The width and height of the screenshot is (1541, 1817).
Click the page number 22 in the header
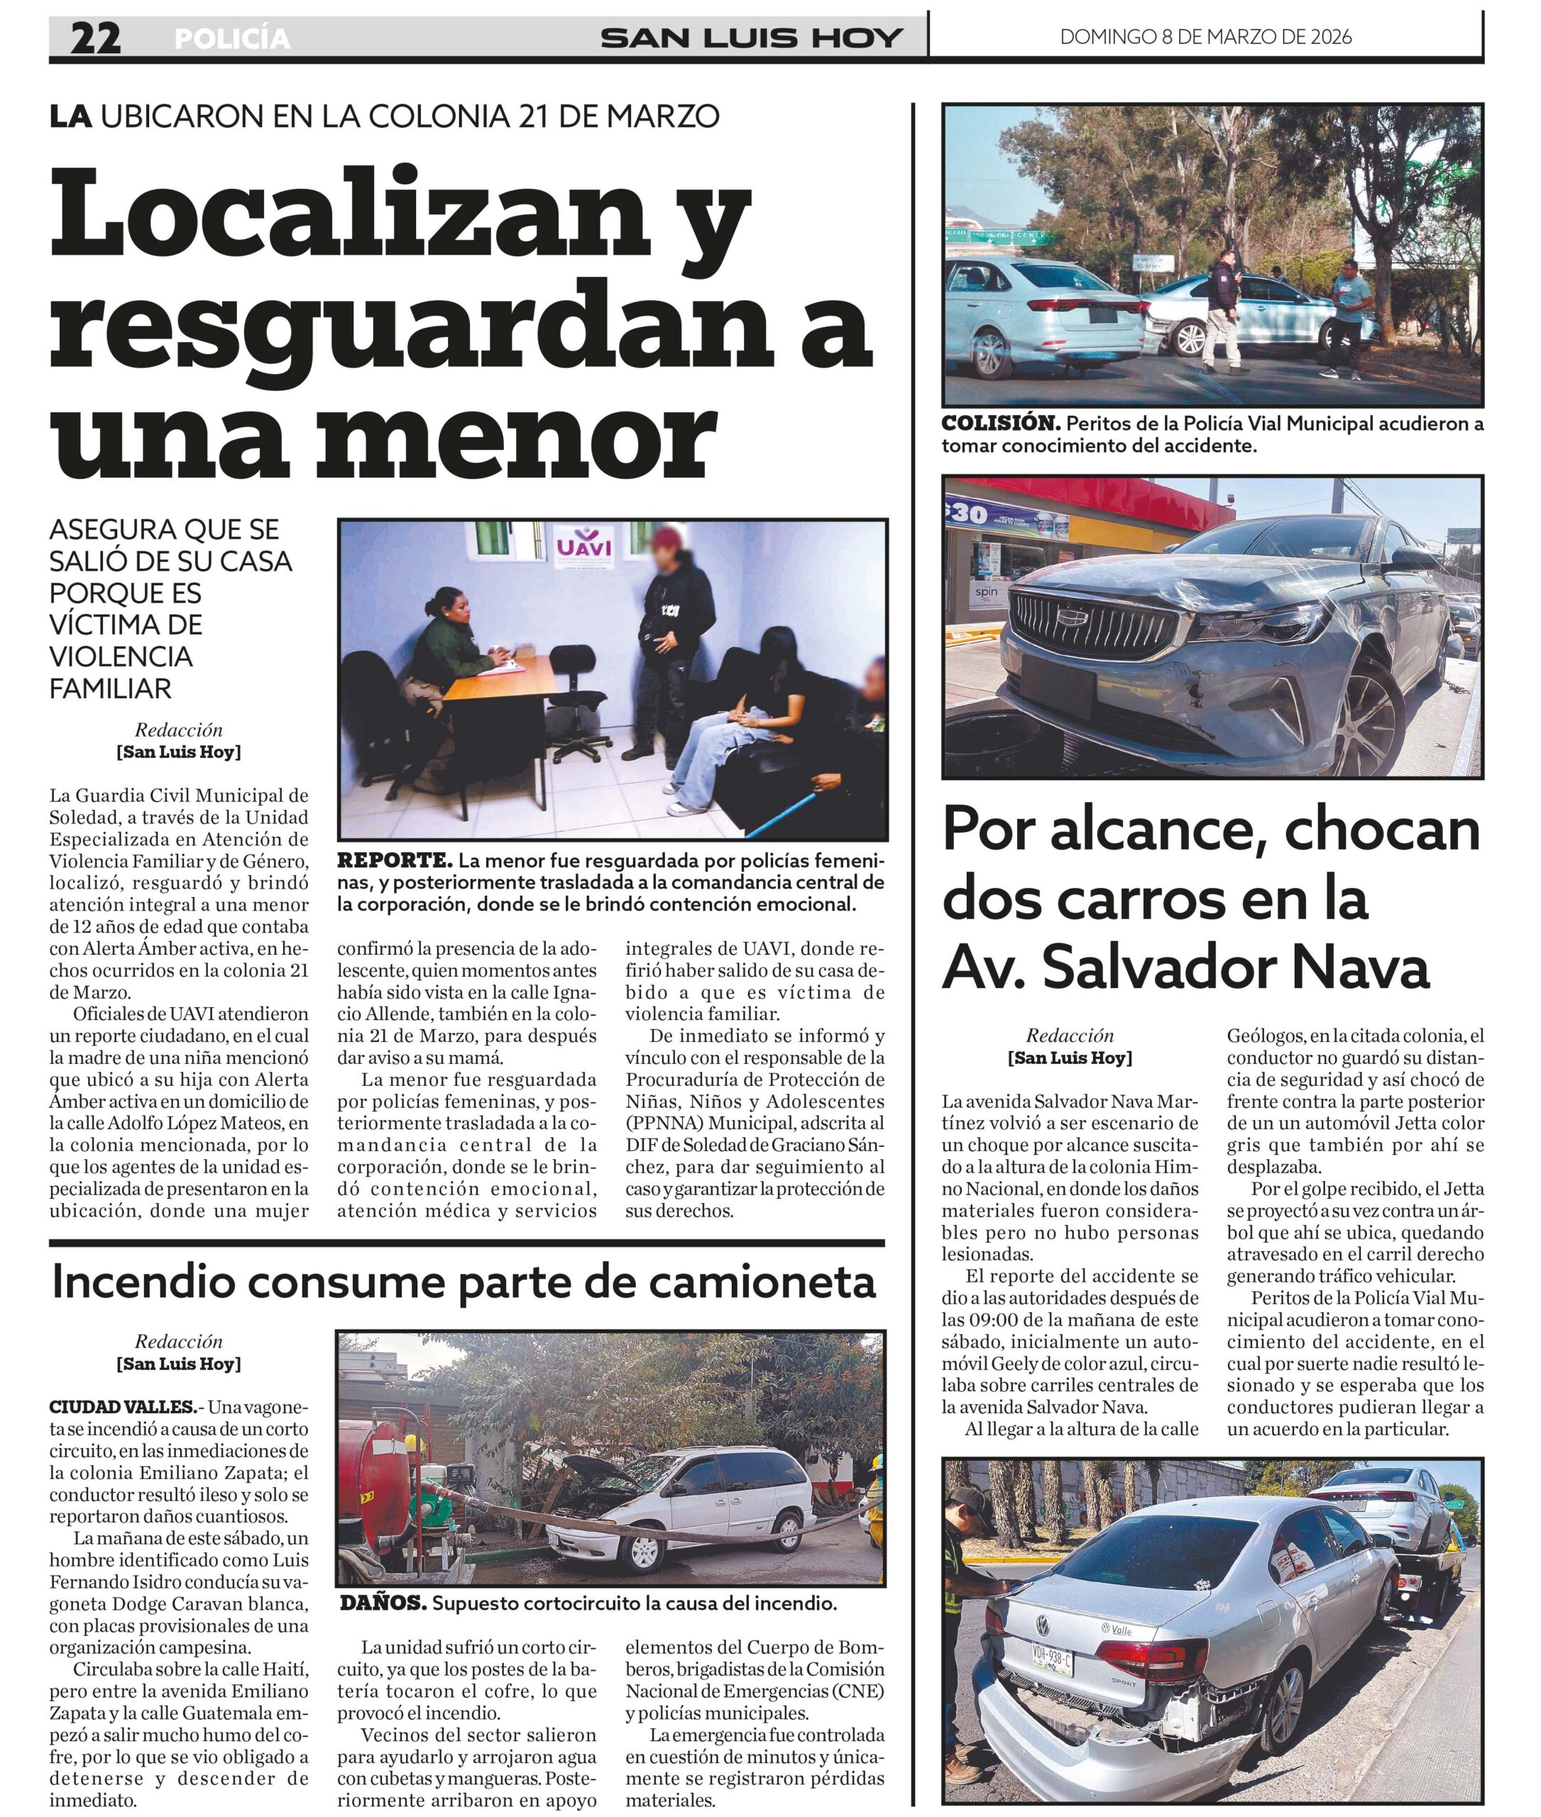[x=95, y=38]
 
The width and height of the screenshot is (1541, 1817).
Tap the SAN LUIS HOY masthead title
[x=751, y=38]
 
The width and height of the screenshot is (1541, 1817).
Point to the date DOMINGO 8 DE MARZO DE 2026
[x=1205, y=37]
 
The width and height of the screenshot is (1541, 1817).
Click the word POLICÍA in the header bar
[x=232, y=38]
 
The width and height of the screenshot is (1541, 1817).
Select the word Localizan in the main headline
[x=349, y=214]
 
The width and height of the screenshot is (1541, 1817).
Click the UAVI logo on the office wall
[x=584, y=546]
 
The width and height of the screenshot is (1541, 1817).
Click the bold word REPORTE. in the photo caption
[x=395, y=860]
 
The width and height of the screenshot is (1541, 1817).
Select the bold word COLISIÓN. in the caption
[x=1001, y=424]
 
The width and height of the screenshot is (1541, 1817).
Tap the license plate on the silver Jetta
[x=1052, y=1658]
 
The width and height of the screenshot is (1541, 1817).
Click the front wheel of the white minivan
[x=645, y=1549]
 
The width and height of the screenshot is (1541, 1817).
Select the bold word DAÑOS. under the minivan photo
[x=383, y=1603]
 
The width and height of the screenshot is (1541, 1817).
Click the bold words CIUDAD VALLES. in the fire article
[x=122, y=1407]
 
